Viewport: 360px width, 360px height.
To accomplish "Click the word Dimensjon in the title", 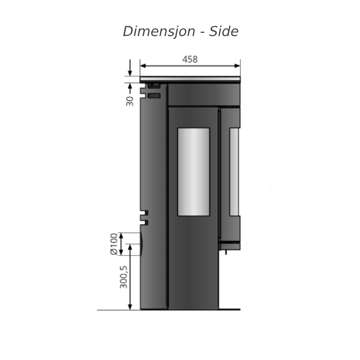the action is (159, 31).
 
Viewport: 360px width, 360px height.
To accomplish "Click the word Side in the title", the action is (224, 31).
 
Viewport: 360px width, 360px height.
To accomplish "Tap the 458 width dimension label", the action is (190, 59).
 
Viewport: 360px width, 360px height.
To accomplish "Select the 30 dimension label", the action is (130, 101).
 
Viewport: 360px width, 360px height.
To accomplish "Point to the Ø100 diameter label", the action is (114, 244).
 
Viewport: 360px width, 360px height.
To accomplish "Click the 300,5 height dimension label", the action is (123, 277).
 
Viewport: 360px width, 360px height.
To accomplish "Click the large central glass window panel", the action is (193, 172).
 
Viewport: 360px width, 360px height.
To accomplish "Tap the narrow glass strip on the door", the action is (234, 172).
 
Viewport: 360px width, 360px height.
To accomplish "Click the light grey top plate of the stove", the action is (190, 79).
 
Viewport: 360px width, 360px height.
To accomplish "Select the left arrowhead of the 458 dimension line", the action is (143, 66).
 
